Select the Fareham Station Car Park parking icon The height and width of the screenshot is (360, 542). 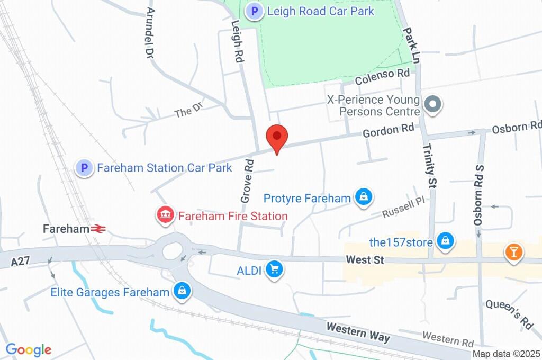pyautogui.click(x=84, y=168)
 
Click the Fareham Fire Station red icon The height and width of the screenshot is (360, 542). pyautogui.click(x=165, y=215)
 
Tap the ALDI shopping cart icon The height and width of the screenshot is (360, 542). pyautogui.click(x=274, y=270)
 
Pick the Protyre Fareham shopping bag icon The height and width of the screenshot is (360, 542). pyautogui.click(x=364, y=198)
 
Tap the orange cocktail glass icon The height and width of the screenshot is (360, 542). pyautogui.click(x=513, y=252)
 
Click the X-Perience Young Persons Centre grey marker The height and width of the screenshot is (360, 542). pyautogui.click(x=433, y=105)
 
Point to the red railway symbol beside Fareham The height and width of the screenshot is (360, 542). pyautogui.click(x=98, y=229)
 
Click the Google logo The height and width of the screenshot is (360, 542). pyautogui.click(x=29, y=349)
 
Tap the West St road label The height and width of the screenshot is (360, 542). pyautogui.click(x=364, y=260)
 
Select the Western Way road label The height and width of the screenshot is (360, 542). pyautogui.click(x=358, y=332)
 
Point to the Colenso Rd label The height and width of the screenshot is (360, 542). pyautogui.click(x=382, y=77)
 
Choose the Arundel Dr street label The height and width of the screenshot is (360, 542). pyautogui.click(x=150, y=33)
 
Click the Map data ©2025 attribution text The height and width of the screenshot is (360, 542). pyautogui.click(x=506, y=354)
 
